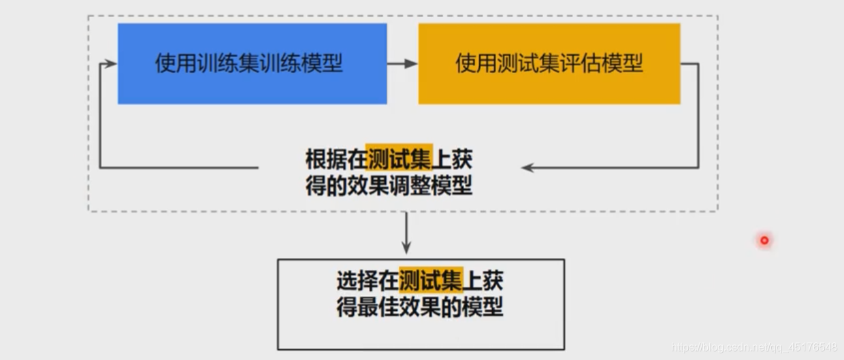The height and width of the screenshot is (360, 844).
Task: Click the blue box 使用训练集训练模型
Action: click(252, 63)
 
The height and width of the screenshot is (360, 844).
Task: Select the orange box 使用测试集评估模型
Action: click(549, 63)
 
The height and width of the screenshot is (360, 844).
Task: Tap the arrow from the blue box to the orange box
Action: click(402, 63)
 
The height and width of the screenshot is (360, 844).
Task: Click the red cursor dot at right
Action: click(764, 240)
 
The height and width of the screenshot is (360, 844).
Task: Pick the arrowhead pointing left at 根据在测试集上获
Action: click(527, 167)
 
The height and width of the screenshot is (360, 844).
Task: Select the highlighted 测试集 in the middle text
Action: click(399, 160)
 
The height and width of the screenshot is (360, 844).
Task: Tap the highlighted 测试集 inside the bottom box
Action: click(431, 280)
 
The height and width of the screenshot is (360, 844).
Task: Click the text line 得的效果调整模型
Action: click(389, 185)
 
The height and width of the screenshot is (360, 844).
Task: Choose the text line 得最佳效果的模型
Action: click(420, 306)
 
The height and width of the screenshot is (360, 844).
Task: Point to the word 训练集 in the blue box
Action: click(218, 63)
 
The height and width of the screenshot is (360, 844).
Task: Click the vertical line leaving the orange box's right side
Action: click(698, 116)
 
